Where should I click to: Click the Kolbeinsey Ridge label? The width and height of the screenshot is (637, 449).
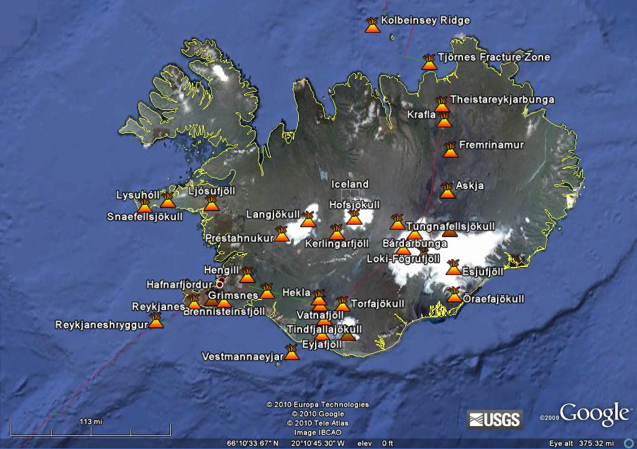point(425,20)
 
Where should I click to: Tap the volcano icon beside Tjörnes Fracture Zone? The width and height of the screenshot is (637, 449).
point(429,61)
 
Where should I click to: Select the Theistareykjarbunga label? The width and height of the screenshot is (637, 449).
point(502,99)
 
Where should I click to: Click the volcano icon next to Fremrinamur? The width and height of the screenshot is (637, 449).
point(449,150)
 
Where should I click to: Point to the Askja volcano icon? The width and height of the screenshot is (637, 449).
point(447,191)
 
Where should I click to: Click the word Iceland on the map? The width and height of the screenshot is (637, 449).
point(350,184)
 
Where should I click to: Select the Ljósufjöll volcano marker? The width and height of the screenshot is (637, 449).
point(211,204)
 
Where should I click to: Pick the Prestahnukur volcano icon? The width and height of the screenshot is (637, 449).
point(282,234)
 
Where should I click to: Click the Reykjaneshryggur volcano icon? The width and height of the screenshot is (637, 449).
point(157,322)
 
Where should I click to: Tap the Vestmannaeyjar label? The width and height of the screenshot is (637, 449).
point(242,356)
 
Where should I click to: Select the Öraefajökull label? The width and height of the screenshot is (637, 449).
point(493,299)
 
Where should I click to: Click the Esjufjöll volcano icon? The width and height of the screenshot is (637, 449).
point(453,268)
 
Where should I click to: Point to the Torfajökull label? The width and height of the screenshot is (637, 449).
point(378,304)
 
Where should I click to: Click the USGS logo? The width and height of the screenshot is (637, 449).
point(495,419)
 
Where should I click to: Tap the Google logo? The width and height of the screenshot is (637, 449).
point(594,414)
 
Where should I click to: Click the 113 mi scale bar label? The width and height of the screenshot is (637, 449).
point(90,422)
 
